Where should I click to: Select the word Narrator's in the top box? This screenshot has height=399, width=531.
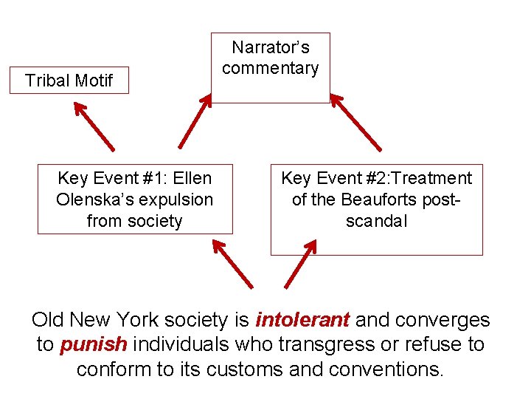tap(271, 47)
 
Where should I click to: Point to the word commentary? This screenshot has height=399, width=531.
tap(271, 68)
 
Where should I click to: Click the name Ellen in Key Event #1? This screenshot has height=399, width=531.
tap(192, 178)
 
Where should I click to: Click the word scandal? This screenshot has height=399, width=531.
tap(376, 221)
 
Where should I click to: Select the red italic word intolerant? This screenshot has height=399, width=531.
tap(302, 320)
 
